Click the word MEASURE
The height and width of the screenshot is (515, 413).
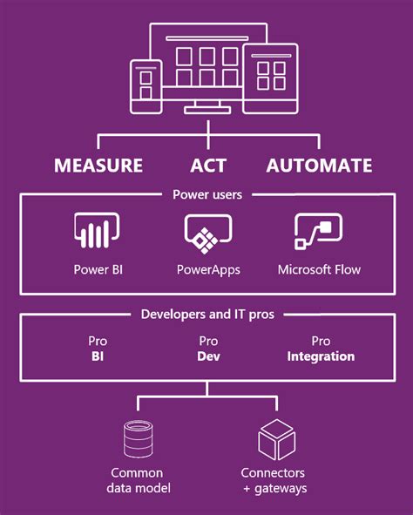coord(98,166)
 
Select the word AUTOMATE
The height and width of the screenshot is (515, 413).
coord(319,166)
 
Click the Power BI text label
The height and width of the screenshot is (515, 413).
coord(96,269)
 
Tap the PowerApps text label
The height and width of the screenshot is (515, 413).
coord(207,269)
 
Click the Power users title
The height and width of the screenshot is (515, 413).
coord(206,195)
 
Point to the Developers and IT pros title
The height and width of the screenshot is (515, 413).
coord(207,314)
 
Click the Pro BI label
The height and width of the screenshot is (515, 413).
coord(98,349)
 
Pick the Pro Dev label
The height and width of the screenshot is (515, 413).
coord(208,349)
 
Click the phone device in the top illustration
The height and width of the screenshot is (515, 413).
coord(146,86)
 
